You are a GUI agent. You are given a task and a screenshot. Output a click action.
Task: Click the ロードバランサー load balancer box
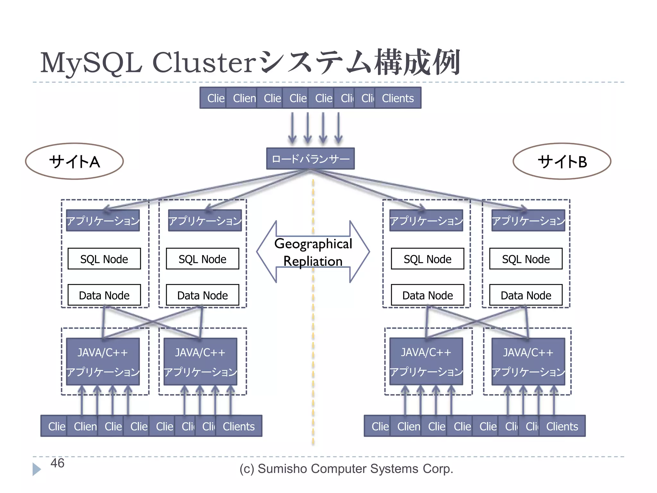[310, 159]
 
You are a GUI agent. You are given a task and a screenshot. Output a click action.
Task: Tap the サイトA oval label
[74, 161]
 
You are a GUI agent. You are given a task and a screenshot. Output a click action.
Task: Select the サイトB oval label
[562, 161]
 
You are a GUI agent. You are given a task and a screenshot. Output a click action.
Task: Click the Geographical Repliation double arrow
[313, 252]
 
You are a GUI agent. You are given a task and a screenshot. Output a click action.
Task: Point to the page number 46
[57, 463]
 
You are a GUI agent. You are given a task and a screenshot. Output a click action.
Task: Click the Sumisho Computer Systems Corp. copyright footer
[346, 469]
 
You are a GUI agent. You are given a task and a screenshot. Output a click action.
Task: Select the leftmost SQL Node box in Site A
[104, 259]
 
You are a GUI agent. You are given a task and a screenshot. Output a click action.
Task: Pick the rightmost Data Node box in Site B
[526, 295]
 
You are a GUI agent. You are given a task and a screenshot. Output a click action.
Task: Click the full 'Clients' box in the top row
[398, 98]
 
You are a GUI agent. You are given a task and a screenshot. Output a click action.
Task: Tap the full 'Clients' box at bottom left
[239, 426]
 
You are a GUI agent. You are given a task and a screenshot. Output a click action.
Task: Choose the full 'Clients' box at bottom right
[562, 426]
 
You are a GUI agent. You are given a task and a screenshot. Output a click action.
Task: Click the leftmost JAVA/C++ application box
[103, 361]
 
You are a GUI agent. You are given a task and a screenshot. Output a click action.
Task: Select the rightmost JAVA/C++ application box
[528, 361]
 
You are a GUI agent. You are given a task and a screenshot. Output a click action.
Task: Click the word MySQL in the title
[91, 63]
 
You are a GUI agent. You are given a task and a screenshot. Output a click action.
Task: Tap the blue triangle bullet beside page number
[37, 469]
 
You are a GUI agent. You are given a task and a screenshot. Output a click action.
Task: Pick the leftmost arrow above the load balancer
[292, 128]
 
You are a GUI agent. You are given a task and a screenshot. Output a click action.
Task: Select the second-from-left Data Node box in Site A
[202, 295]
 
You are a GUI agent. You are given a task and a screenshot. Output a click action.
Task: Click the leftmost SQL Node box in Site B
[427, 259]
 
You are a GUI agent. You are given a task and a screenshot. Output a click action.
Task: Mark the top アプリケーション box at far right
[528, 221]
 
